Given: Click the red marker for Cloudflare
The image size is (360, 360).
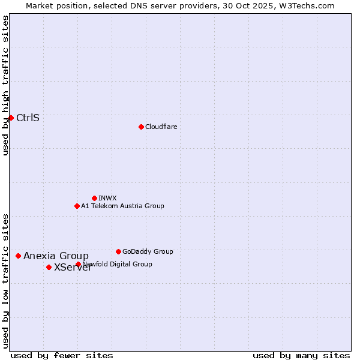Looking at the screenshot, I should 141,127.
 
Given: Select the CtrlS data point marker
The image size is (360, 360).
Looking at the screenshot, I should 11,118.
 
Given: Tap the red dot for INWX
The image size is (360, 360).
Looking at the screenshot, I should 94,198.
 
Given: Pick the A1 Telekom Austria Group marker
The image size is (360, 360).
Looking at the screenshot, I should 77,206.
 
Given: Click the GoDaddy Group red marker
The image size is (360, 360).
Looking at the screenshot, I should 118,251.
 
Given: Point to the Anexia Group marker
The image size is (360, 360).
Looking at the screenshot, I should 18,256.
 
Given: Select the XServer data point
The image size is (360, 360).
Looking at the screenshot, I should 49,267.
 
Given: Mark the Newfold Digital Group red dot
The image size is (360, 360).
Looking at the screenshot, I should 78,264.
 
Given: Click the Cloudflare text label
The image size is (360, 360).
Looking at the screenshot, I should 161,127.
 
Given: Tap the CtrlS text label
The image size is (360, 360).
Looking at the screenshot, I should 28,118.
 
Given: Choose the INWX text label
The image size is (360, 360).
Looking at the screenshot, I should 107,198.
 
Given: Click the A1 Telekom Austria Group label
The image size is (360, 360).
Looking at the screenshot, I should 122,206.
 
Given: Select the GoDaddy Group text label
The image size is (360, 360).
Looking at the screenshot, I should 148,251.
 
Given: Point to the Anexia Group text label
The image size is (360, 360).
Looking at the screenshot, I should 56,256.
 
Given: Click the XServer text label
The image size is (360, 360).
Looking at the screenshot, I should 73,268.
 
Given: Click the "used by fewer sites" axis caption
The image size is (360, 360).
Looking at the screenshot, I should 62,355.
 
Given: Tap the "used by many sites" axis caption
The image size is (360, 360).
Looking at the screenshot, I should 301,355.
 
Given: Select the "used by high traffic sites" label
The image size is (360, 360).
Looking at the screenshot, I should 5,85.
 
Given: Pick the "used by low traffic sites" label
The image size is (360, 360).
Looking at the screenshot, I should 5,280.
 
